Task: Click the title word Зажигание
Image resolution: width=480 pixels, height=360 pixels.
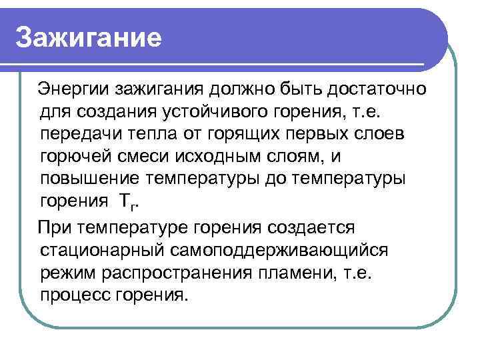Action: click(x=89, y=38)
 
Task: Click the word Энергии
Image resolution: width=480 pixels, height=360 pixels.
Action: click(x=73, y=88)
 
